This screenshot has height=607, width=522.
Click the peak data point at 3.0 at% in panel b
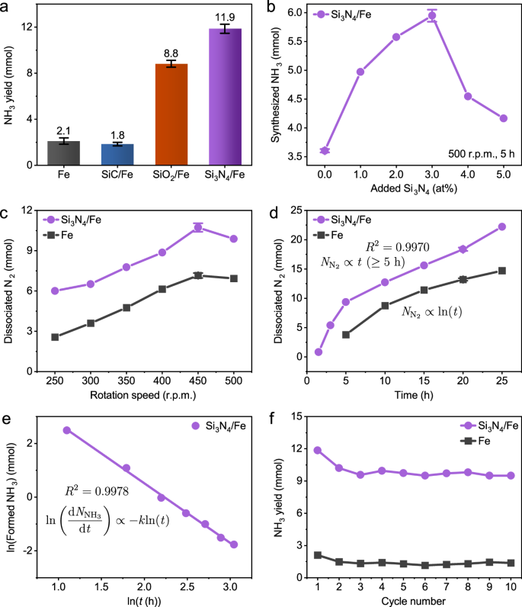(x=432, y=15)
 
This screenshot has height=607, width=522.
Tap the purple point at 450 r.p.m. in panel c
(x=198, y=227)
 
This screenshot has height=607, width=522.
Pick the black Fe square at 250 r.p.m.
(x=55, y=337)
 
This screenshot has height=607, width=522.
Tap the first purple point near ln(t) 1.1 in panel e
(x=66, y=430)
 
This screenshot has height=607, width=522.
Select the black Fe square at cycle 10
(x=511, y=563)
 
